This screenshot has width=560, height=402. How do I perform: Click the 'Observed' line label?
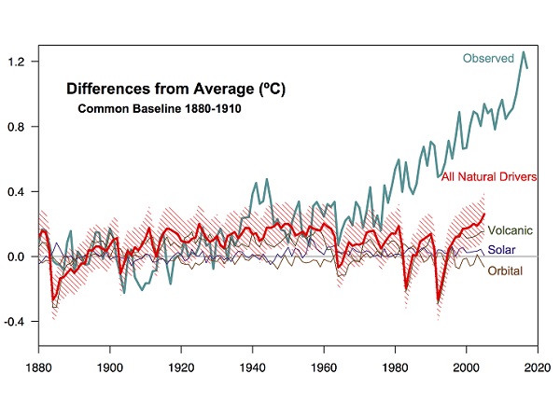click(488, 59)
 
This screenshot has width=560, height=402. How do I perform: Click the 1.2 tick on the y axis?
click(21, 62)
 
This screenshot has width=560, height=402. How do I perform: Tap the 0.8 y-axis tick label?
click(21, 127)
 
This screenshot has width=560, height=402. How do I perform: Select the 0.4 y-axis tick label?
click(21, 191)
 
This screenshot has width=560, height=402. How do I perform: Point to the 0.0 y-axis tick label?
click(21, 256)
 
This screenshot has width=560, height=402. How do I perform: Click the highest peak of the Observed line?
click(524, 52)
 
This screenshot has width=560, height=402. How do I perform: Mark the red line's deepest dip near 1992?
click(438, 301)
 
